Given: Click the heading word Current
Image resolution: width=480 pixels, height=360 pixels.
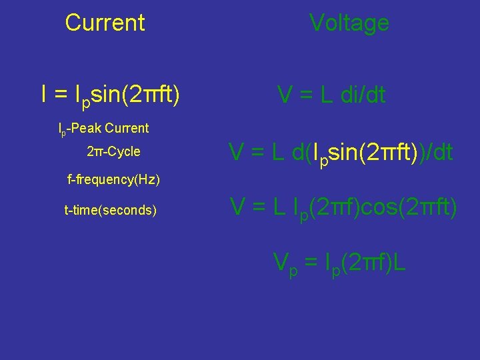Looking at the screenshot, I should click(x=105, y=23).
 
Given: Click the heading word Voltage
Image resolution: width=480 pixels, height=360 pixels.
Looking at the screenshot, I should click(x=349, y=23).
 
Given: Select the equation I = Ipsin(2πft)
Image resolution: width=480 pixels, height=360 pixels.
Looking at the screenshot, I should click(x=110, y=95).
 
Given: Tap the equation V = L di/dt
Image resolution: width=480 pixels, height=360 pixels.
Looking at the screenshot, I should click(x=331, y=95).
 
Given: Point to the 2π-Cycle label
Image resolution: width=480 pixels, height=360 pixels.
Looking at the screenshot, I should click(x=113, y=151).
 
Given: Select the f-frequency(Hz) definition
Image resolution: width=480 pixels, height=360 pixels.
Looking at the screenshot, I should click(x=114, y=180).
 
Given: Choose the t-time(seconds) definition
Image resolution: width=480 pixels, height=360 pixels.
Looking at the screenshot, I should click(x=111, y=211).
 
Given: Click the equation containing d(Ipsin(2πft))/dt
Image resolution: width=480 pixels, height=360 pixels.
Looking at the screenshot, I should click(x=341, y=153).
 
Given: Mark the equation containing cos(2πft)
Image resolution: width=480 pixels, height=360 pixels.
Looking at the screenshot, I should click(x=344, y=209).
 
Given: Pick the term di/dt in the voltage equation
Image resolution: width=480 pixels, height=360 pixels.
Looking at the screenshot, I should click(x=361, y=95).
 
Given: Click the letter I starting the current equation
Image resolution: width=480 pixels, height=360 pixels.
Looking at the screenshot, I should click(x=44, y=95).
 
